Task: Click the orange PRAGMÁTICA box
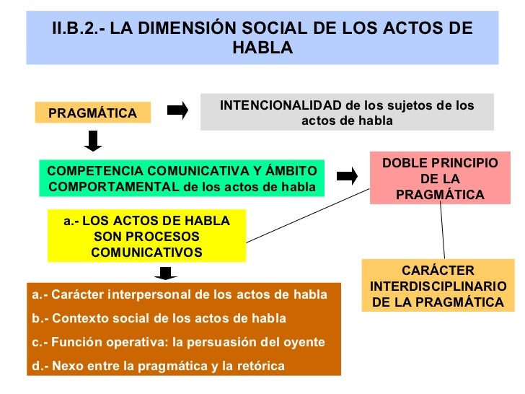coord(92,113)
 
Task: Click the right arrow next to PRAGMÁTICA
coord(177,110)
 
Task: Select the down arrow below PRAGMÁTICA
coord(93,140)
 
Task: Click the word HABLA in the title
coord(262,48)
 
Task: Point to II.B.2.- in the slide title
coord(77,28)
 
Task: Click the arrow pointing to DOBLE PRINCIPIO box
coord(348,175)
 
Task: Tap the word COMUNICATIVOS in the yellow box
coord(146,253)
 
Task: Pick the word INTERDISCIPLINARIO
coord(438,286)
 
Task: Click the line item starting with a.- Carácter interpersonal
coord(180,295)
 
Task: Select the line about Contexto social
coord(159,318)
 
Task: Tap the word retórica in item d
coord(262,367)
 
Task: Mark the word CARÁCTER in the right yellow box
coord(438,271)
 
